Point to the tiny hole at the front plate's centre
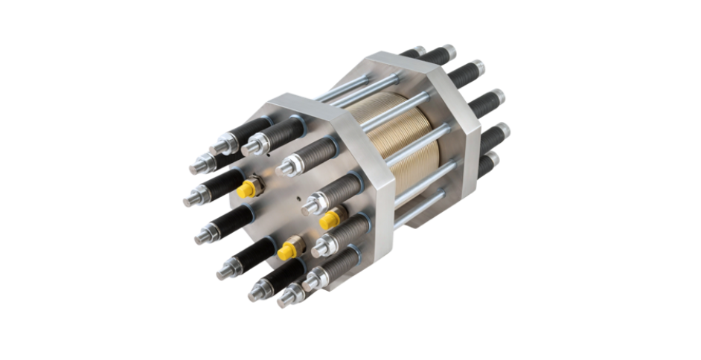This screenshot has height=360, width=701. point(298,199)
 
